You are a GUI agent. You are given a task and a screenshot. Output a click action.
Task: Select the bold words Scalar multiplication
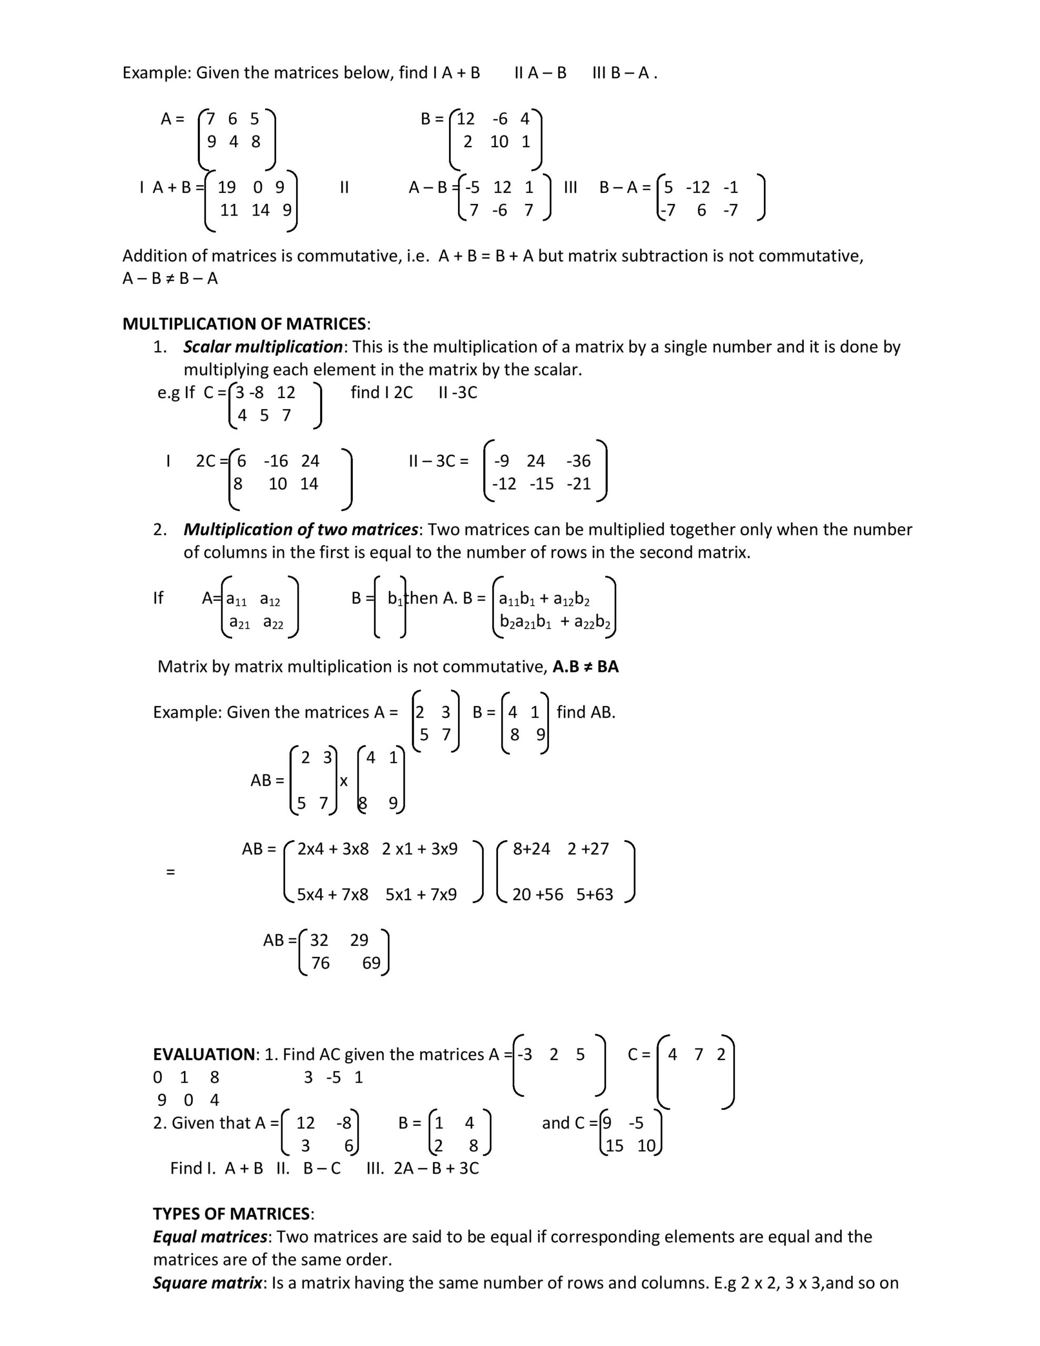click(262, 346)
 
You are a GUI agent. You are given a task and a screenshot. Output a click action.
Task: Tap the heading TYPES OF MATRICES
click(232, 1214)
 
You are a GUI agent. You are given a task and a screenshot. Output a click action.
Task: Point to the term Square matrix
click(208, 1282)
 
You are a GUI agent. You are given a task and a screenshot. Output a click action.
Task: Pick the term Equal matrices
click(210, 1236)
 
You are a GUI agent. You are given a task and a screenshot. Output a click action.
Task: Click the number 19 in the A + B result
click(227, 187)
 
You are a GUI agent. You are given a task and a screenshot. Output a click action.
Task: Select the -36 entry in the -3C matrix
click(578, 461)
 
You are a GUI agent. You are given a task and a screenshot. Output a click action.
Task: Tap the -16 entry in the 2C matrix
click(276, 461)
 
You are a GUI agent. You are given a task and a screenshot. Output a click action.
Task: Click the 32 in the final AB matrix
click(319, 940)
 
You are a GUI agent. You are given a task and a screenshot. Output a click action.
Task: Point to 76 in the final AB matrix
click(320, 963)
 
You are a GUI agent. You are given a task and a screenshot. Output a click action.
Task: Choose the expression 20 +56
click(537, 894)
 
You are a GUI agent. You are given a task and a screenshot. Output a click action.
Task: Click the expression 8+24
click(532, 849)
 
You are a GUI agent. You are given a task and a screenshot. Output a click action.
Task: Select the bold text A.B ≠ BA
click(586, 666)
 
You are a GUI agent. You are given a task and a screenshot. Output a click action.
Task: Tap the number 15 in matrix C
click(615, 1146)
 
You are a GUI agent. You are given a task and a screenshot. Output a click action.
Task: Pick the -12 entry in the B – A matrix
click(698, 187)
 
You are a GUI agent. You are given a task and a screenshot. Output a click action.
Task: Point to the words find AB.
click(586, 712)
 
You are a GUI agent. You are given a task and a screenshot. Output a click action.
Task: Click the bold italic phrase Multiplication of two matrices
click(301, 529)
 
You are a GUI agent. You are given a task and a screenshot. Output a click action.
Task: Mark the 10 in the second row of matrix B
click(499, 142)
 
